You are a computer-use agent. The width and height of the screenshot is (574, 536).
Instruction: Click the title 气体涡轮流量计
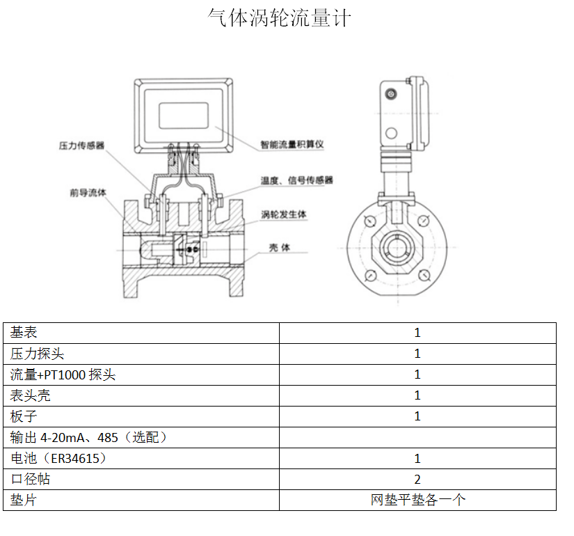click(x=279, y=17)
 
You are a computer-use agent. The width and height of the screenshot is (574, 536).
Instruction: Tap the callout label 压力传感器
click(x=81, y=145)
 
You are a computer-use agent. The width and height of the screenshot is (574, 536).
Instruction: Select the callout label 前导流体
click(x=88, y=192)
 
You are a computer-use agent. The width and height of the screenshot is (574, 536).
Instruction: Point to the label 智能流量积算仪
click(x=292, y=144)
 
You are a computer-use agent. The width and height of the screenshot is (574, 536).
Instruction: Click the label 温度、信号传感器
click(x=297, y=180)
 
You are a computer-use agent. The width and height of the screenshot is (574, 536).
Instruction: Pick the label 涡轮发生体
click(x=284, y=214)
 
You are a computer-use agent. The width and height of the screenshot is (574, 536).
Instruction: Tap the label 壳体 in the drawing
click(x=280, y=248)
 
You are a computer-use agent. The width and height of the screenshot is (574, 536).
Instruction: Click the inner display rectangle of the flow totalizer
click(x=184, y=116)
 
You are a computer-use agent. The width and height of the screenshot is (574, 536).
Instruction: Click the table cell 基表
click(x=24, y=332)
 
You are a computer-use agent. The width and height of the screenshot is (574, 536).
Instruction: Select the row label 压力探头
click(x=37, y=354)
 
